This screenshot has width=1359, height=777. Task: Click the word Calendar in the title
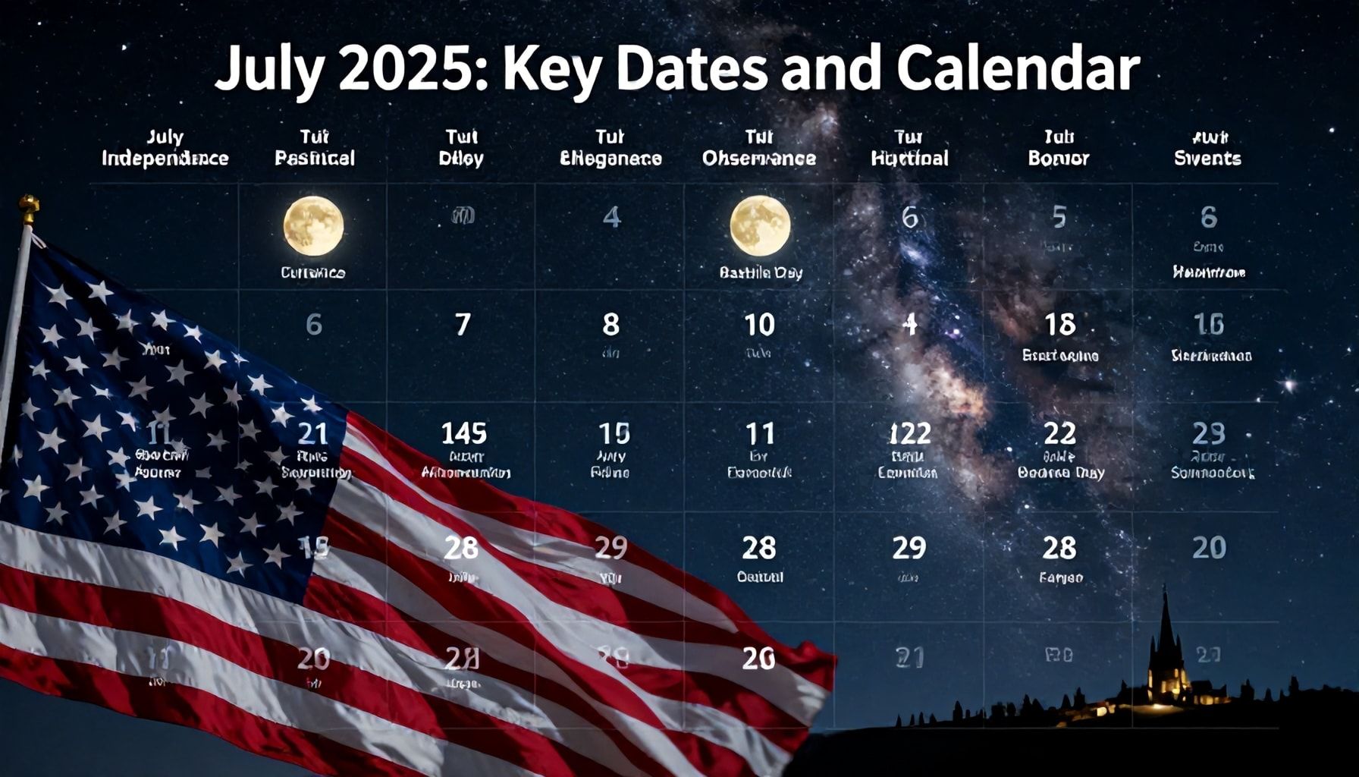(x=1018, y=70)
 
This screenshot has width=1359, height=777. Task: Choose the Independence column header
(x=165, y=158)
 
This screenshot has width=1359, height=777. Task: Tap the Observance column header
(x=759, y=158)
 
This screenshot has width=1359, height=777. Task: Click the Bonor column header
(x=1058, y=158)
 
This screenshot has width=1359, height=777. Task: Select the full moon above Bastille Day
(x=760, y=225)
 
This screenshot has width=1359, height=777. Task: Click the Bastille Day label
(x=761, y=272)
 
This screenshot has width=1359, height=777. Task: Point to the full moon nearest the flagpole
(x=313, y=225)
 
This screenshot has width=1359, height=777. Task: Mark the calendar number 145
(x=463, y=433)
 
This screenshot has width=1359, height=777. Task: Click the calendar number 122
(x=909, y=433)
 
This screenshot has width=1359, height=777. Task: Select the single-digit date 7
(x=463, y=325)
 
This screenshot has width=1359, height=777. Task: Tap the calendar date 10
(x=759, y=325)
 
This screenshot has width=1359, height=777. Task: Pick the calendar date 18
(x=1059, y=325)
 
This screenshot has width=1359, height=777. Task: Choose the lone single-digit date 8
(x=610, y=325)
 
